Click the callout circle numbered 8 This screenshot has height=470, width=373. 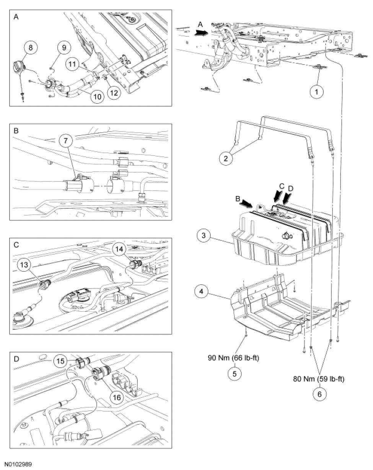click(x=31, y=47)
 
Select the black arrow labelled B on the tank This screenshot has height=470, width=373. click(x=246, y=204)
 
